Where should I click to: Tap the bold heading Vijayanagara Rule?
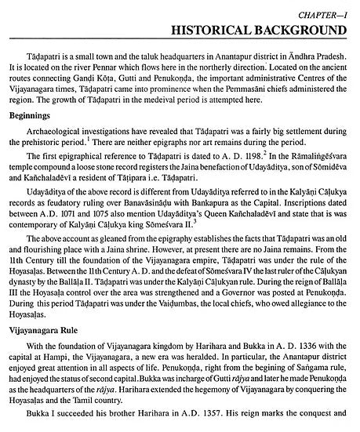(49, 339)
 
